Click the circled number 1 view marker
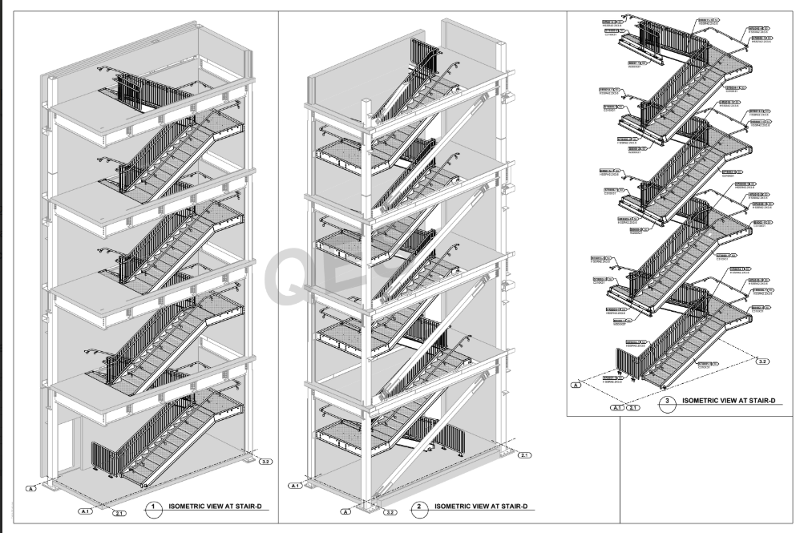[155, 507]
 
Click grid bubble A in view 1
[33, 487]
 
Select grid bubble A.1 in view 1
[86, 511]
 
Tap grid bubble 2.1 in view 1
[120, 513]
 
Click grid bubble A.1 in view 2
[294, 486]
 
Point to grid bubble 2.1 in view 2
[524, 455]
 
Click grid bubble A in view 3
[575, 386]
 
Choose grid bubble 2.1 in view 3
[634, 408]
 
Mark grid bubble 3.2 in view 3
[763, 362]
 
